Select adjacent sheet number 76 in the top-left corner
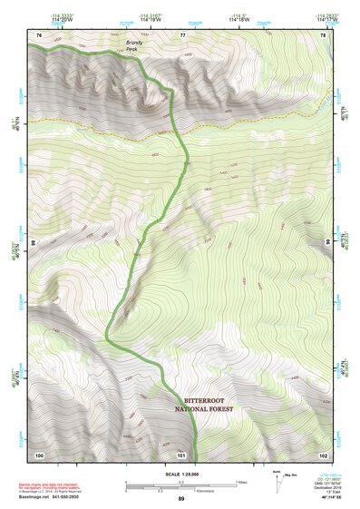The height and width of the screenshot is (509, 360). (39, 34)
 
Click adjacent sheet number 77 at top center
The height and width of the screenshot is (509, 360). (182, 34)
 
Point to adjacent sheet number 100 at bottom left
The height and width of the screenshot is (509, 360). (39, 454)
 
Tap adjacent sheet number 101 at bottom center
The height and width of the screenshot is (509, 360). (181, 454)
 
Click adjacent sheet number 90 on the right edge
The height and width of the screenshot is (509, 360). (327, 243)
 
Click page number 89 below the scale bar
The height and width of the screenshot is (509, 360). (180, 499)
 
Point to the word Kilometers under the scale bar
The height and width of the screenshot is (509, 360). (191, 490)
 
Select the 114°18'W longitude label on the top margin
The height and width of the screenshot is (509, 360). (238, 19)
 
